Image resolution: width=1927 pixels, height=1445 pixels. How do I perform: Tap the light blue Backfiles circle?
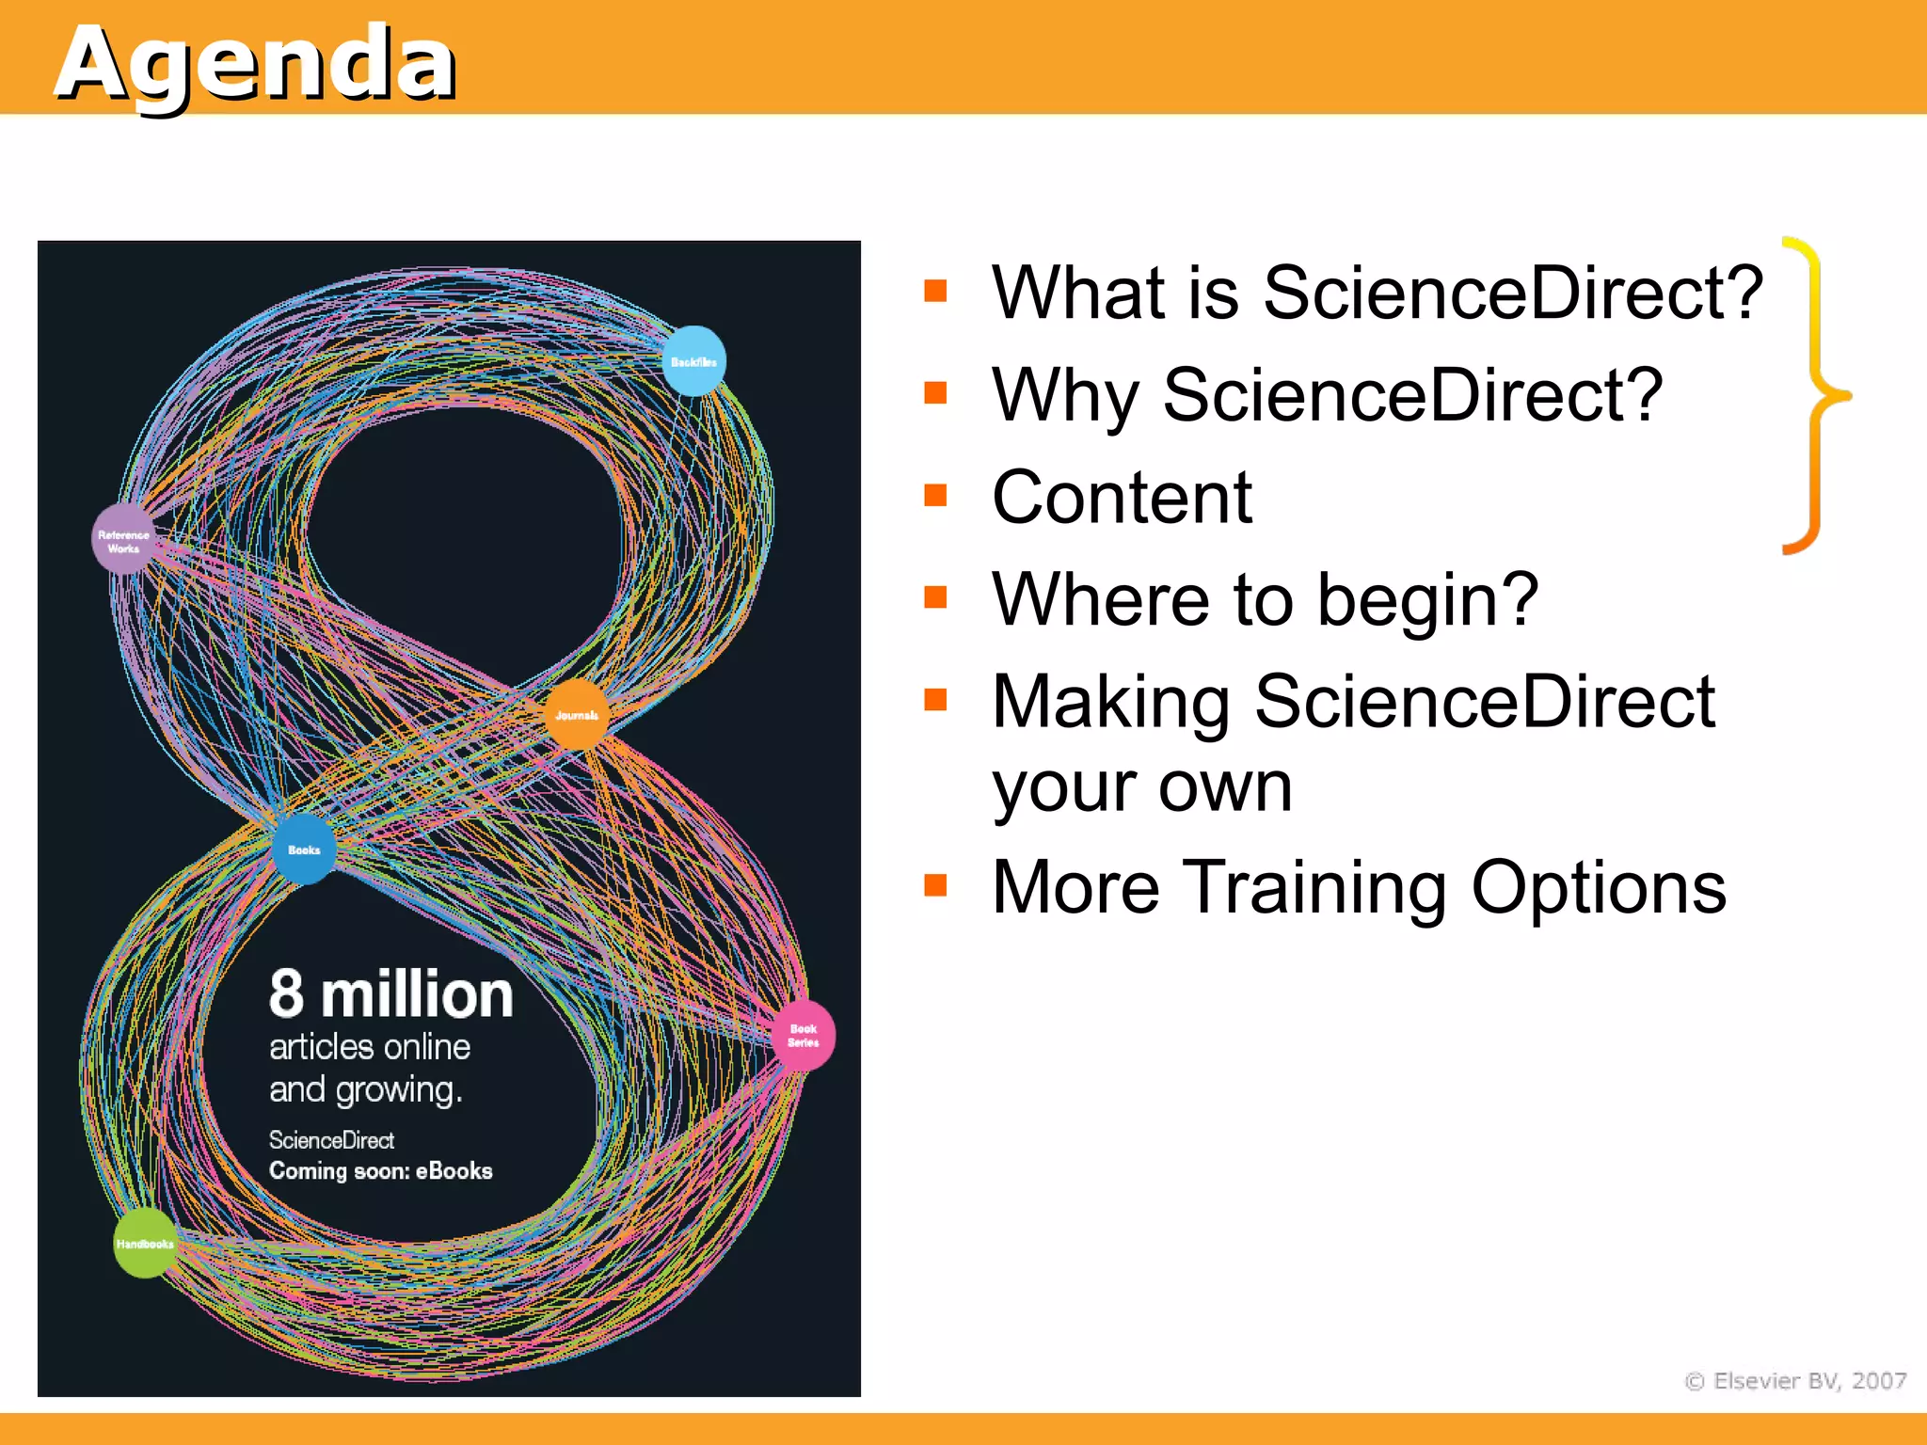coord(693,361)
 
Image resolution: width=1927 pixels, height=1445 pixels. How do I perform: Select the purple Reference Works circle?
coord(123,539)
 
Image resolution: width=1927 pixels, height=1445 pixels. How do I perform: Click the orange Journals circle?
coord(577,715)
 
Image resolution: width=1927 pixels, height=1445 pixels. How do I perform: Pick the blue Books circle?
coord(303,850)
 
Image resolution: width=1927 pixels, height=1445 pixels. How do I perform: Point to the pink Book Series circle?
coord(803,1036)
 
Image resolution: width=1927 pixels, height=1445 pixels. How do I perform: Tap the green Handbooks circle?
coord(144,1243)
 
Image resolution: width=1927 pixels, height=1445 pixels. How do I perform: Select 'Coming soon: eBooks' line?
coord(380,1171)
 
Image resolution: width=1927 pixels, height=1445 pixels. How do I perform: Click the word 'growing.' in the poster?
coord(399,1090)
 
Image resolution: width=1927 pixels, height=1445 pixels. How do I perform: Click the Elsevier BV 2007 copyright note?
coord(1795,1380)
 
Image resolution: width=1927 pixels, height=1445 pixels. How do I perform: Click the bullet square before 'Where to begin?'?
coord(935,597)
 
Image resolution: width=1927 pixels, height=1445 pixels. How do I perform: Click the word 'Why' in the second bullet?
coord(1064,395)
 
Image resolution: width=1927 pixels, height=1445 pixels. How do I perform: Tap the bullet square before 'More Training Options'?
coord(935,885)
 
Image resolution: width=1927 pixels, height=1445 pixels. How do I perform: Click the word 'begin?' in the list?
coord(1427,599)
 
